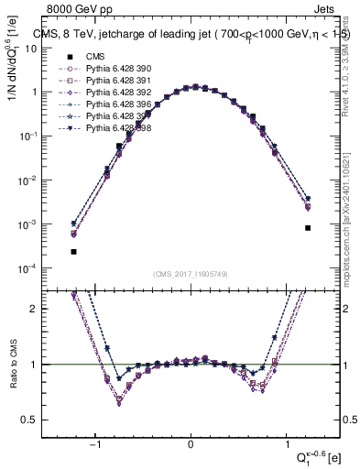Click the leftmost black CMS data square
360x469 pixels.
(x=73, y=251)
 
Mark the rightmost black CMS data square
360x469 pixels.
(x=308, y=228)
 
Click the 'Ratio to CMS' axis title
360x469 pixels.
(x=10, y=366)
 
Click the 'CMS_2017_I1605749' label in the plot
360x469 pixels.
(x=191, y=274)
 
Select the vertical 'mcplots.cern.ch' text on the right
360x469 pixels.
(x=348, y=229)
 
